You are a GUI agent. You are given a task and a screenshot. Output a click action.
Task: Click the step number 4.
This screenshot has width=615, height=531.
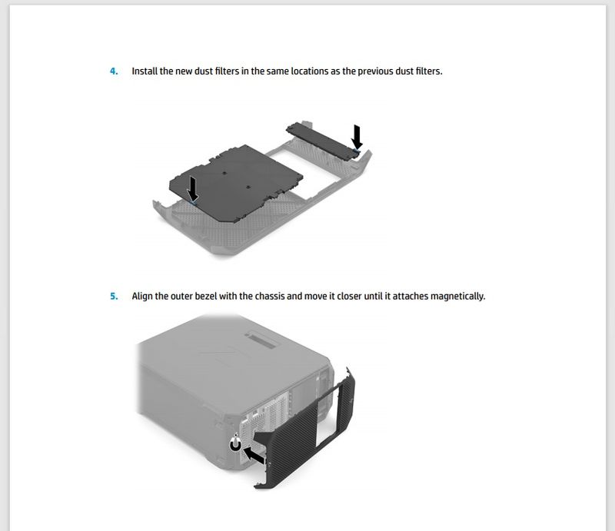point(114,71)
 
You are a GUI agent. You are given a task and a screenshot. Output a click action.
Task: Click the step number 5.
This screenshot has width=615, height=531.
point(114,296)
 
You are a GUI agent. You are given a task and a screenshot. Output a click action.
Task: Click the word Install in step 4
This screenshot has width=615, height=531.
point(145,71)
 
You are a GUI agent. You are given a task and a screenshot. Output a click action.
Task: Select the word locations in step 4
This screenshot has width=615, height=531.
point(310,71)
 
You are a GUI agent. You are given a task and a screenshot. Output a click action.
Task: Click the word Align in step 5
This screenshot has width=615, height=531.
point(142,296)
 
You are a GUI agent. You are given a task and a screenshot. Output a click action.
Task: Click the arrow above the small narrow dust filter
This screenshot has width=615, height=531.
point(357,137)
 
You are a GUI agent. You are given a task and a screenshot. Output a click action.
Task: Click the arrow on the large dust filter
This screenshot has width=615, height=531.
point(193,188)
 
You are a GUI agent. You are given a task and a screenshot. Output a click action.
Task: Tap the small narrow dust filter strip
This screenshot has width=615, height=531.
point(323,140)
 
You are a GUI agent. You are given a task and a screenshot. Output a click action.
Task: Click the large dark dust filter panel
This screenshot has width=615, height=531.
point(236,182)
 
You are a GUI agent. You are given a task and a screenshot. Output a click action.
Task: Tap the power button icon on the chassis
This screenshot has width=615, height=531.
point(235,444)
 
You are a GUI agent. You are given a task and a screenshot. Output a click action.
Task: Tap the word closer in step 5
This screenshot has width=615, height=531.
point(349,296)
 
